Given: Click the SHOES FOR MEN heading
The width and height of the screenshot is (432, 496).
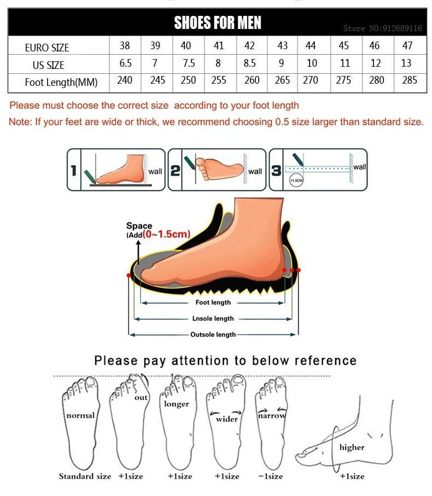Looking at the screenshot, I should coord(217,22).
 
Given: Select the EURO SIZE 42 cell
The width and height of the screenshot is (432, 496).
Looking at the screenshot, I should coord(249,46).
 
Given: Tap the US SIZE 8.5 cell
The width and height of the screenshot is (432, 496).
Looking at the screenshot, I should coord(249,63).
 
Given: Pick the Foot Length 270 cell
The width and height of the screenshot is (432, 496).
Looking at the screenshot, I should coord(311,80).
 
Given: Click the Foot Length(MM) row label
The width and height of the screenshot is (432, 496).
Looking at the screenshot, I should coord(61,83).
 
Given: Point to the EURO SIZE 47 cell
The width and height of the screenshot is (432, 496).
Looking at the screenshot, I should coord(407,46).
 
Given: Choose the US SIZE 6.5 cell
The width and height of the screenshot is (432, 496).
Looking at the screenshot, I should coord(125,63).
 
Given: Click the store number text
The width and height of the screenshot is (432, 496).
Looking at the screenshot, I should coord(382,28).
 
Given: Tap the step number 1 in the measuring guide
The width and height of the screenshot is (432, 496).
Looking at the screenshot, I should coord(73,171).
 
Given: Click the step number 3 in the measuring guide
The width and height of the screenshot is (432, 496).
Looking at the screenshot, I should coord(277,171).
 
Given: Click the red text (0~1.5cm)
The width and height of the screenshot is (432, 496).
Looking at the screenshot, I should coord(167,235).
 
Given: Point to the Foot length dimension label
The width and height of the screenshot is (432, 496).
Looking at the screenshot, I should coord(213,302).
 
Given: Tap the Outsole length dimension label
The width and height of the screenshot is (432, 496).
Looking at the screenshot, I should coord(213,335).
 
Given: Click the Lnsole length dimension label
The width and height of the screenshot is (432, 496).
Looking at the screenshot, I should coord(213,318).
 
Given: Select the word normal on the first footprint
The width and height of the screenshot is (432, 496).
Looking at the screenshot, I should coord(80,415).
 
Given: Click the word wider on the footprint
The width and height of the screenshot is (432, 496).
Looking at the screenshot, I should coord(226,419).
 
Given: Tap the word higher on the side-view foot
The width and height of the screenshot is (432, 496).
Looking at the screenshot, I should coord(352,447).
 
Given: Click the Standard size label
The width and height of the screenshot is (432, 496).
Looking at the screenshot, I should coord(85,476).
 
